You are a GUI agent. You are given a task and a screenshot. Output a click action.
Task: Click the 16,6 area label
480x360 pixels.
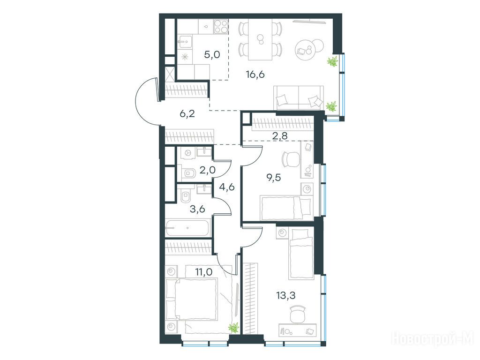255,75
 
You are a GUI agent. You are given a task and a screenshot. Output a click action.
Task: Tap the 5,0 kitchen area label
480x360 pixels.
212,55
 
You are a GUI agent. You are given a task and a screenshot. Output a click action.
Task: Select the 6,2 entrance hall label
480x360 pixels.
187,114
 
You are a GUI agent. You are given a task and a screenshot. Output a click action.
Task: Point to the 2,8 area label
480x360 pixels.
280,135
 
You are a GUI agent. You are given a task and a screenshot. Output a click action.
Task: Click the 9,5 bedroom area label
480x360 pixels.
273,178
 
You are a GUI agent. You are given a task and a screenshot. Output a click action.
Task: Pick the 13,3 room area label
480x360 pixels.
285,296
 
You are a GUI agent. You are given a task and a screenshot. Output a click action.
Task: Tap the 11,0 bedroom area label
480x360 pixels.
203,271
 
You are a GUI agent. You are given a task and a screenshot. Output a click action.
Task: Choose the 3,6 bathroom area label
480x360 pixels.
197,210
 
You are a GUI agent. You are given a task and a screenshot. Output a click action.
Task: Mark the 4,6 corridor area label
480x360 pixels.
227,187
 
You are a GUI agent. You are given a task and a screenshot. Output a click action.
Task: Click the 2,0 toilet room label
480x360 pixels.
208,170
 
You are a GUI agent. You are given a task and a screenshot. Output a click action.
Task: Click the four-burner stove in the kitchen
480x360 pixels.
221,26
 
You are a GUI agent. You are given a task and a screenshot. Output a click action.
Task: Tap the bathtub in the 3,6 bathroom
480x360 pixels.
187,228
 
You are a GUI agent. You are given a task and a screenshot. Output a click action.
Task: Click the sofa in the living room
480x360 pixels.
299,97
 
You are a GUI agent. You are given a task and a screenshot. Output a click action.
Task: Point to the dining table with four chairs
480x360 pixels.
260,39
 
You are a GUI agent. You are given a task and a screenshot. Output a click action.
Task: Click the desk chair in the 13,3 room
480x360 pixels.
298,315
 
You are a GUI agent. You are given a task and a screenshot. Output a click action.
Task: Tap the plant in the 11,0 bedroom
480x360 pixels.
234,328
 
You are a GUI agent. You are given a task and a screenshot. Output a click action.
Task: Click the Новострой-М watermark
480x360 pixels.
433,339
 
